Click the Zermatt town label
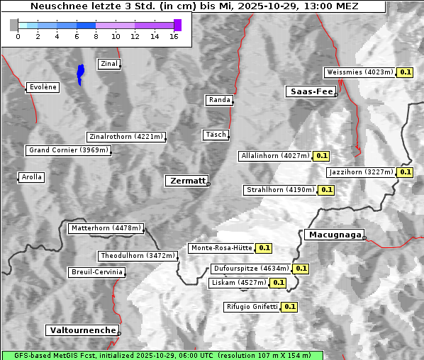pyautogui.click(x=186, y=181)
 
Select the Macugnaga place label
pyautogui.click(x=333, y=235)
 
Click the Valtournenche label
pyautogui.click(x=82, y=330)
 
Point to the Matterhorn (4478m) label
pyautogui.click(x=106, y=228)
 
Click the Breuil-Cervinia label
pyautogui.click(x=96, y=272)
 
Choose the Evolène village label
pyautogui.click(x=42, y=87)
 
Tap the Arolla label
pyautogui.click(x=31, y=177)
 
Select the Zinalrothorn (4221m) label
pyautogui.click(x=126, y=137)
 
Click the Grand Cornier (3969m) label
pyautogui.click(x=69, y=150)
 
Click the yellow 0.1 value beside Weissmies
pyautogui.click(x=406, y=72)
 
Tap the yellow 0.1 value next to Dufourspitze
pyautogui.click(x=301, y=269)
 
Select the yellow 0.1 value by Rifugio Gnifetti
pyautogui.click(x=289, y=307)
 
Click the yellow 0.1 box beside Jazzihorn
pyautogui.click(x=405, y=172)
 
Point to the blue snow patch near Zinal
pyautogui.click(x=80, y=73)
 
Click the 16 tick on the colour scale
pyautogui.click(x=174, y=36)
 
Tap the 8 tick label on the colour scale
pyautogui.click(x=96, y=36)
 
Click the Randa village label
pyautogui.click(x=219, y=100)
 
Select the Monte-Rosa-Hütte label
pyautogui.click(x=221, y=248)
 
